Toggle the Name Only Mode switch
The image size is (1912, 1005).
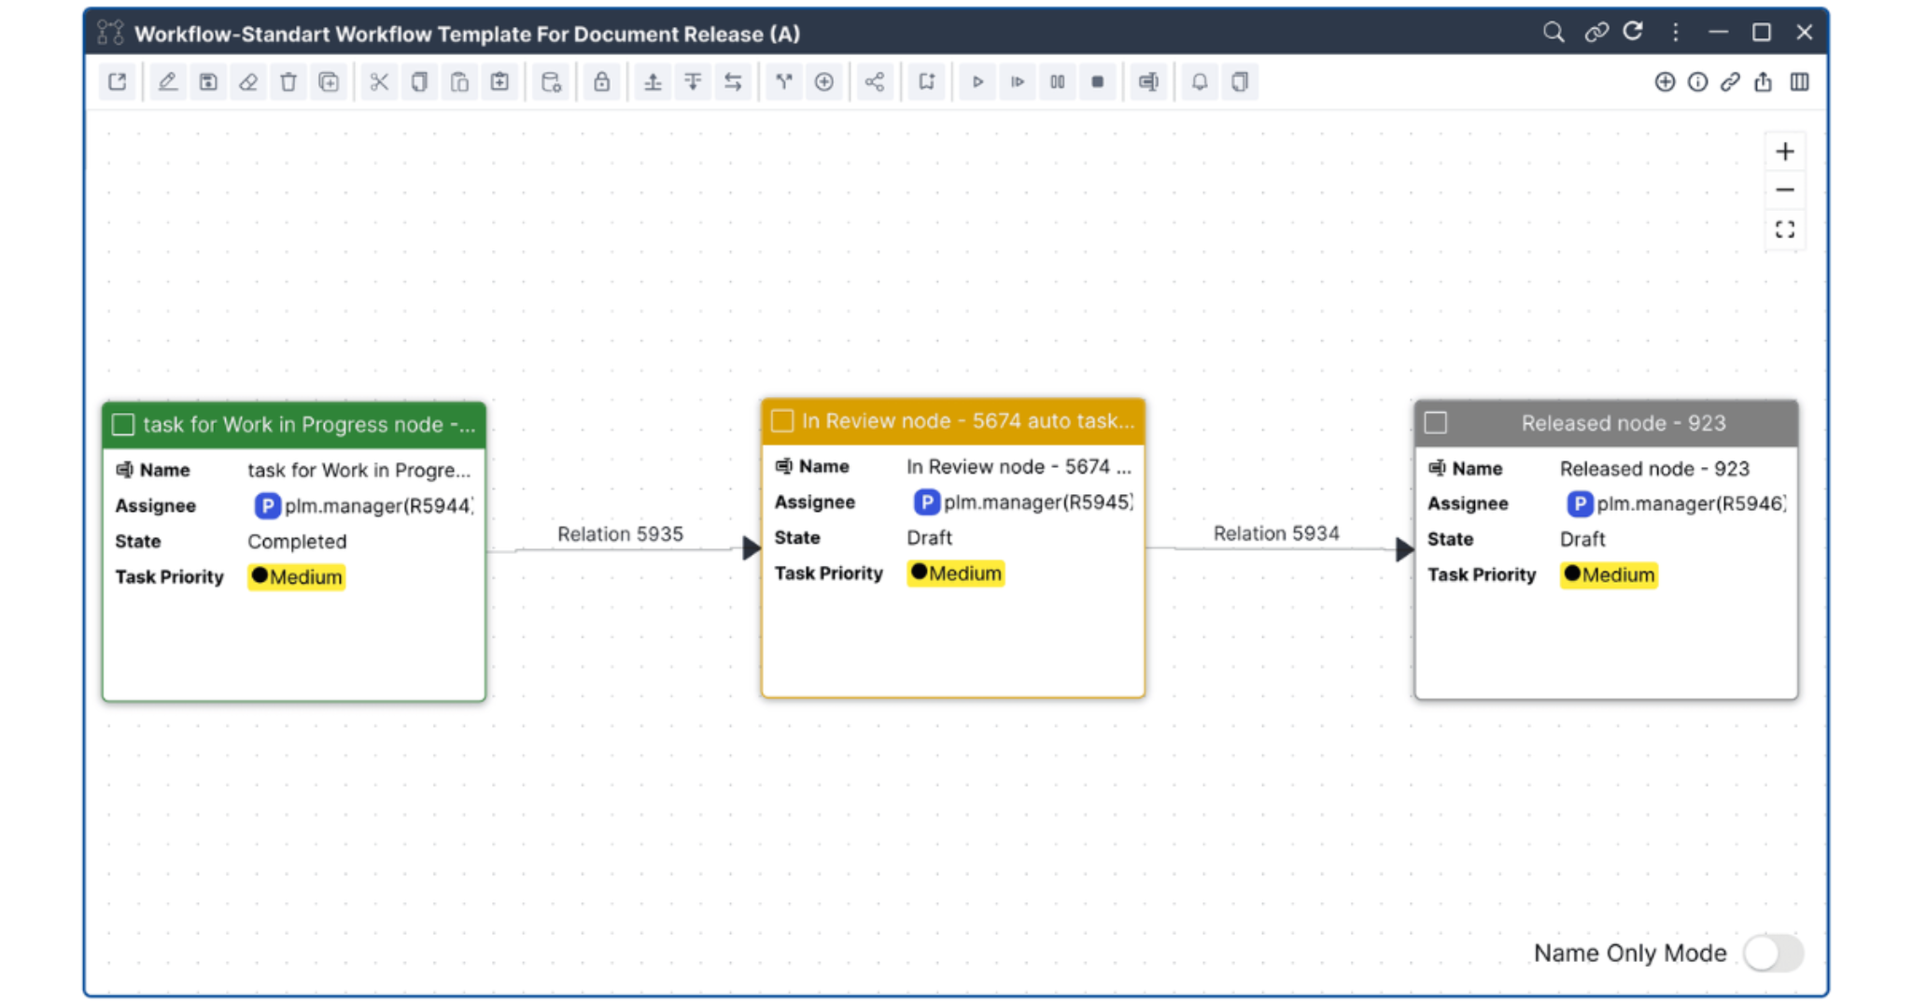pyautogui.click(x=1772, y=954)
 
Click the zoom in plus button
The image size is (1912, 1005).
pyautogui.click(x=1784, y=151)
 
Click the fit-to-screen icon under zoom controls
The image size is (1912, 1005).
pyautogui.click(x=1784, y=230)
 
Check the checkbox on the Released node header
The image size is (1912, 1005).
pyautogui.click(x=1436, y=423)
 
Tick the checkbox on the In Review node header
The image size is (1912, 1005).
pyautogui.click(x=782, y=421)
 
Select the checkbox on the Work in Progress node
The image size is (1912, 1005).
pyautogui.click(x=123, y=425)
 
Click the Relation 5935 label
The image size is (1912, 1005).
pyautogui.click(x=620, y=534)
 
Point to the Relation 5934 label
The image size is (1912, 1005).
pyautogui.click(x=1275, y=533)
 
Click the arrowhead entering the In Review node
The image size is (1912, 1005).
pyautogui.click(x=751, y=548)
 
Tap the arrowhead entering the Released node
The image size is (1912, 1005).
pyautogui.click(x=1403, y=549)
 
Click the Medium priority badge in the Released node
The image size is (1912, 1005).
pyautogui.click(x=1609, y=575)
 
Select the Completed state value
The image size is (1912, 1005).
pyautogui.click(x=297, y=542)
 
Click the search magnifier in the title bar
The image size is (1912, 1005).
pyautogui.click(x=1553, y=33)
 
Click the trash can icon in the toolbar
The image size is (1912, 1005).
pyautogui.click(x=288, y=82)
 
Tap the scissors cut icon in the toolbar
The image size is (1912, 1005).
pyautogui.click(x=379, y=82)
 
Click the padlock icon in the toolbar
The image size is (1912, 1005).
pyautogui.click(x=602, y=82)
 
